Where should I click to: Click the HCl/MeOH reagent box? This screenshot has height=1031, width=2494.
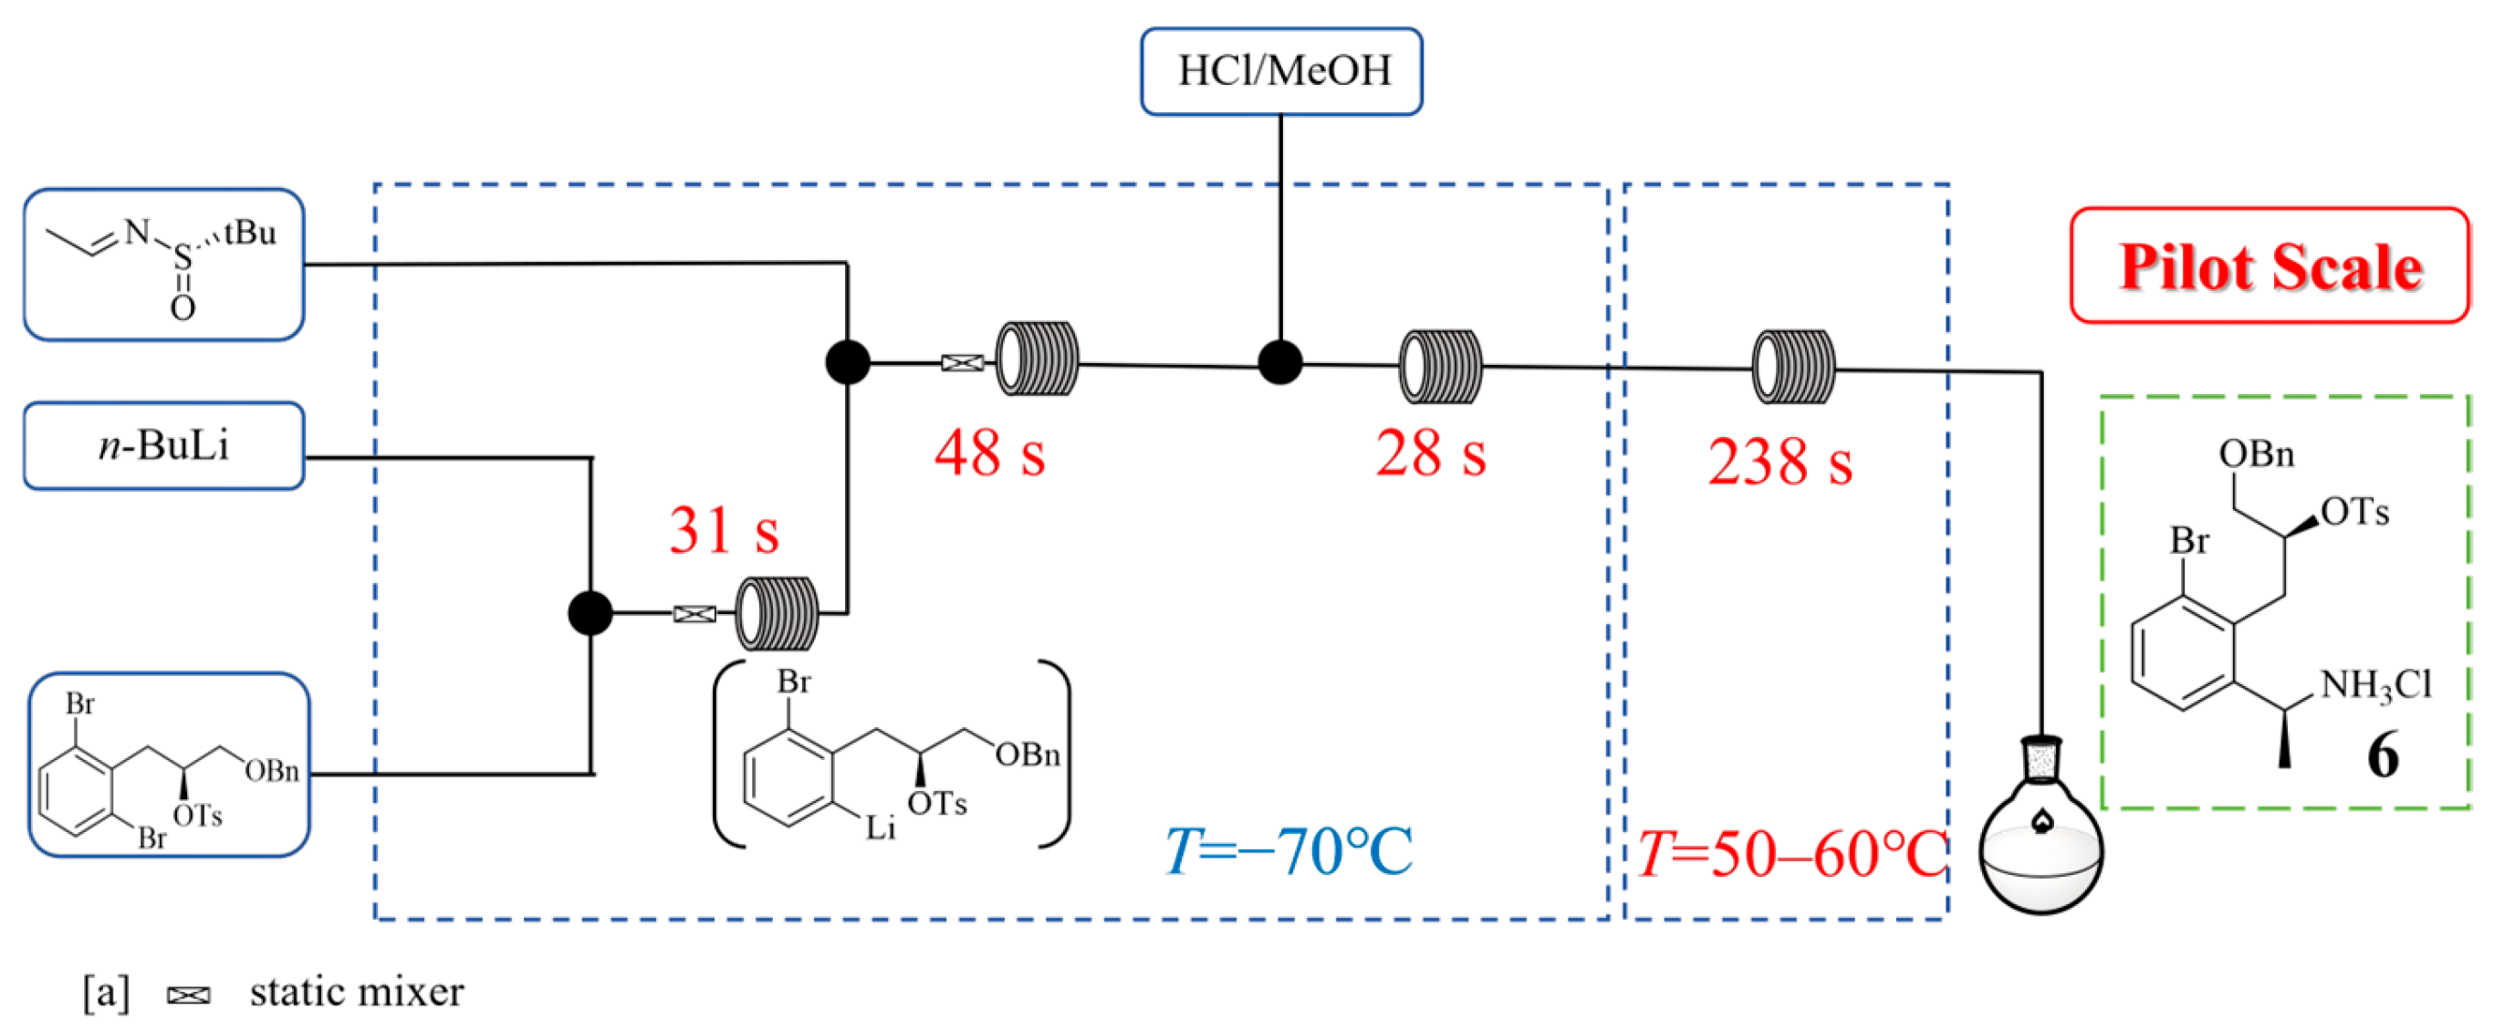coord(1281,70)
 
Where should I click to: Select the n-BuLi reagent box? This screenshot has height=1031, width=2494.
coord(163,445)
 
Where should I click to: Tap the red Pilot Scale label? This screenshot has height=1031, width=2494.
coord(2270,266)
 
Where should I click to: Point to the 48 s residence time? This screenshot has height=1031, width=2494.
coord(989,453)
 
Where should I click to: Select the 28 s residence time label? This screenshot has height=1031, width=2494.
coord(1430,453)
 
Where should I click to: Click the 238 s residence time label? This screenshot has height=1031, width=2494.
coord(1779,461)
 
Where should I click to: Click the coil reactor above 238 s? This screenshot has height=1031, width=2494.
coord(1793,367)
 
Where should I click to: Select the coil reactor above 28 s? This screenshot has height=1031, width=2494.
coord(1440,366)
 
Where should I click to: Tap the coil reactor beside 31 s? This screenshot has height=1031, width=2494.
coord(777,613)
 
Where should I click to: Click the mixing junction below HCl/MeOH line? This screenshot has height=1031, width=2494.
coord(1280,363)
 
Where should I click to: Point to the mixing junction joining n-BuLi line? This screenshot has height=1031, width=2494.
coord(590,613)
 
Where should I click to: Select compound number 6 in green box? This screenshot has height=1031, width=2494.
coord(2383,755)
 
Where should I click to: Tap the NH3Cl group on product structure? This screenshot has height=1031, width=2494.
coord(2375,685)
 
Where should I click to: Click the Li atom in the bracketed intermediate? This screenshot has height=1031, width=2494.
coord(880,828)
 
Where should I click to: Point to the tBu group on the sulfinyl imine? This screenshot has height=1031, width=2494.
coord(249,234)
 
